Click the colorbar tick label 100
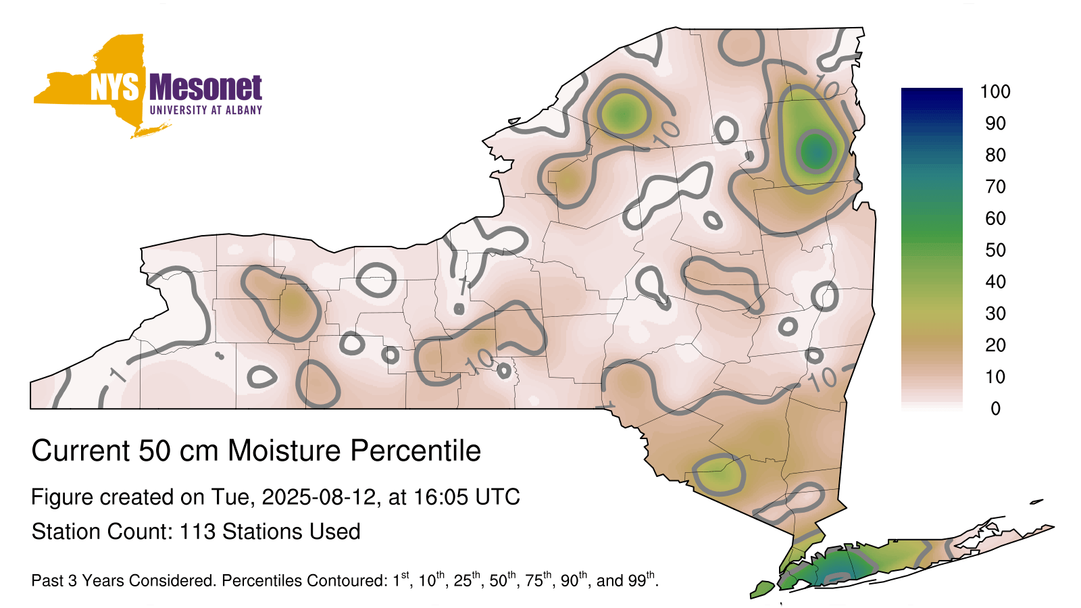tap(995, 92)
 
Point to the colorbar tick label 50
tap(995, 250)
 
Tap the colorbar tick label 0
tap(995, 408)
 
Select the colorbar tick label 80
tap(995, 155)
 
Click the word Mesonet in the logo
tap(205, 87)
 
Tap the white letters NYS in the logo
tap(114, 87)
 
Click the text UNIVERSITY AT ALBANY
tap(205, 110)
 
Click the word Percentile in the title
tap(416, 451)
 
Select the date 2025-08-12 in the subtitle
tap(318, 497)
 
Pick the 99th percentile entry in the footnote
tap(641, 580)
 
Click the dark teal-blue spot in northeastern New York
tap(816, 151)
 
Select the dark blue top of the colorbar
tap(932, 97)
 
